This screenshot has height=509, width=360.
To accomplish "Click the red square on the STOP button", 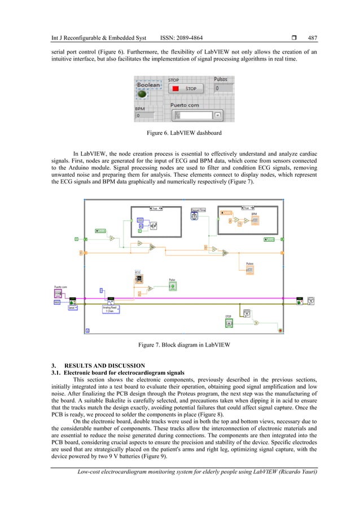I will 175,89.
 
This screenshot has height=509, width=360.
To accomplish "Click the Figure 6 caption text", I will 179,134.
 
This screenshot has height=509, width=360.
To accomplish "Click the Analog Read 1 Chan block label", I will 111,309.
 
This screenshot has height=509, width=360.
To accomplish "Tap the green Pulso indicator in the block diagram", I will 173,287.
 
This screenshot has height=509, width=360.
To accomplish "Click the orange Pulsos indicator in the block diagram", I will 250,270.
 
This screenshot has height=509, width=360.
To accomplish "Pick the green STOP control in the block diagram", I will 229,323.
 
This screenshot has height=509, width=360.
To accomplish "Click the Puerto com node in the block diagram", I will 58,293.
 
